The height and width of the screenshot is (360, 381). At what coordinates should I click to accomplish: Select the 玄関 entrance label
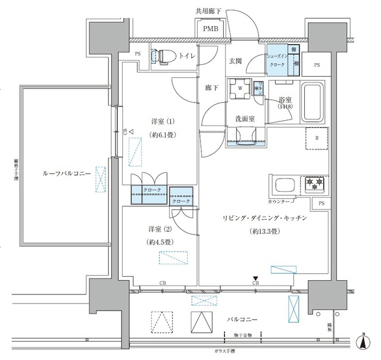pyautogui.click(x=236, y=61)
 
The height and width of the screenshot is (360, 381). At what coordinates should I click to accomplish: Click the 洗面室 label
pyautogui.click(x=245, y=118)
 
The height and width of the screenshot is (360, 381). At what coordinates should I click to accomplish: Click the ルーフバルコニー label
pyautogui.click(x=65, y=173)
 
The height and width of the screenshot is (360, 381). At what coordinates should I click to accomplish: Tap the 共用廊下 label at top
pyautogui.click(x=208, y=10)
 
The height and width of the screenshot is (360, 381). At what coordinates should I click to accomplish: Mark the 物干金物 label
pyautogui.click(x=241, y=336)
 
